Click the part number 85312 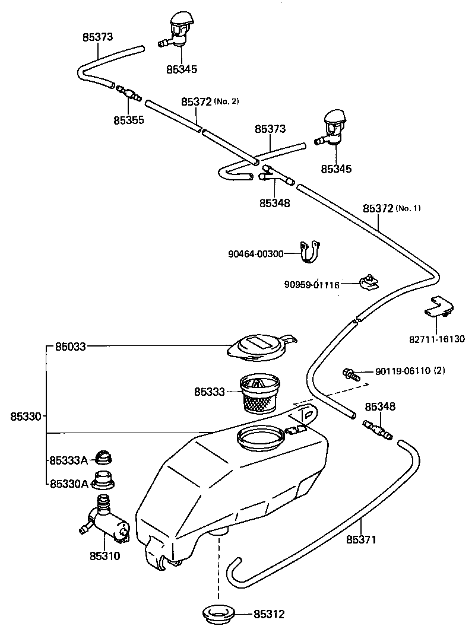(269, 614)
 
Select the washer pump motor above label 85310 (104, 521)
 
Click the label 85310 (105, 555)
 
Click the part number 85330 (26, 417)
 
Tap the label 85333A (69, 460)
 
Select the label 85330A (69, 484)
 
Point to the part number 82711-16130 (437, 339)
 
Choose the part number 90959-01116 (312, 284)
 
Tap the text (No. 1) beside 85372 (408, 208)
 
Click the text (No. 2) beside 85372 (226, 101)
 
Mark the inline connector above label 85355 (129, 93)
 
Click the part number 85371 (361, 539)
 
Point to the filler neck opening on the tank (260, 438)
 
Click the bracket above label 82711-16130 (439, 307)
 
